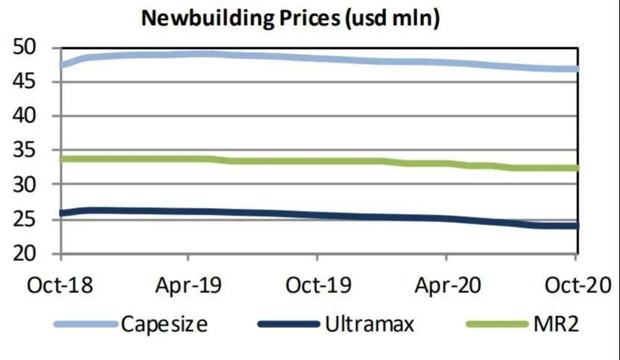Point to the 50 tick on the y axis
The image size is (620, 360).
pos(31,49)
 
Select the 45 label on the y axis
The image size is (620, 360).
pos(31,82)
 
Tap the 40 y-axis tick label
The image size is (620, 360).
pos(31,116)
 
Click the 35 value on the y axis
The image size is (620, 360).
pos(31,150)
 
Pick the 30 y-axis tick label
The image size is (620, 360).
pos(31,184)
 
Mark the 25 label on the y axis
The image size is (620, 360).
pos(31,220)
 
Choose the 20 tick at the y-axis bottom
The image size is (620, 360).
pos(31,253)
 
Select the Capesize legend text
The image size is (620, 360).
pos(164,324)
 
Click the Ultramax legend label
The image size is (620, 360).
pos(370,324)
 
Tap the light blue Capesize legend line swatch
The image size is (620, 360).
pos(86,324)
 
